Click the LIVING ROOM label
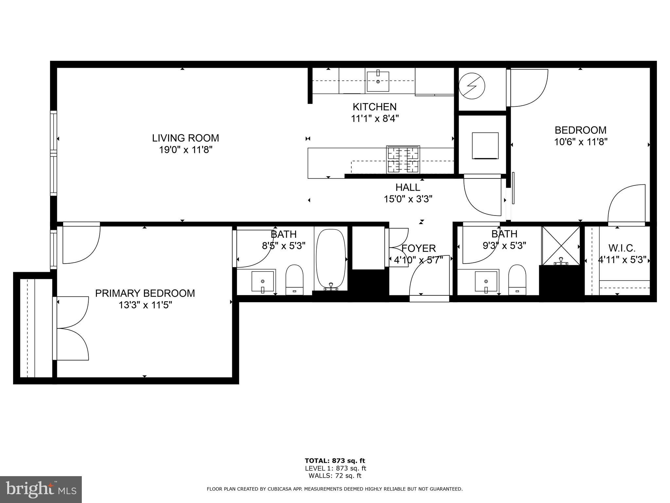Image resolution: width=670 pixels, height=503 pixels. [185, 138]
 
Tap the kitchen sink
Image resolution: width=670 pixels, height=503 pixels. [378, 82]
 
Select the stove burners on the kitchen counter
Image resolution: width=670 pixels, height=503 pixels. [403, 159]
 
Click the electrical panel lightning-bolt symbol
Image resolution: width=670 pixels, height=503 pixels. [472, 86]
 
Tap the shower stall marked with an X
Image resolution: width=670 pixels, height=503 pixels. [561, 246]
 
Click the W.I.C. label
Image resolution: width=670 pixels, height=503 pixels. [622, 248]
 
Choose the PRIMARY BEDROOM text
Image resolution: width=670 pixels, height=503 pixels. [145, 293]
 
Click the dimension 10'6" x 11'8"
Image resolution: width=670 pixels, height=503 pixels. [581, 142]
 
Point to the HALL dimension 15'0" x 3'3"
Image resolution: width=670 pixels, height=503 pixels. [408, 199]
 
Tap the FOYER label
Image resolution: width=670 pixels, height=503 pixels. [418, 248]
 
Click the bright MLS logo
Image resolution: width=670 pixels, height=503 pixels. [41, 489]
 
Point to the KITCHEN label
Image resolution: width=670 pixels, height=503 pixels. [375, 107]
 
